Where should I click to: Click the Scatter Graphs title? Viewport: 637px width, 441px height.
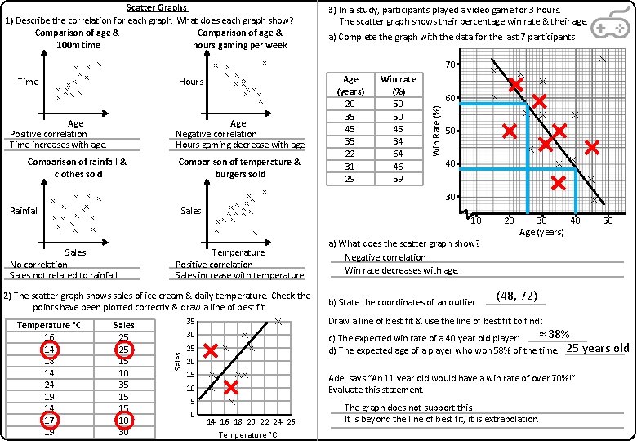157,7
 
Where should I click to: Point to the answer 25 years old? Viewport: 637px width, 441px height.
597,348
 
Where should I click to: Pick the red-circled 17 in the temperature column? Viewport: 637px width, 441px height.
50,421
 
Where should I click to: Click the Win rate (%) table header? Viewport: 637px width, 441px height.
398,86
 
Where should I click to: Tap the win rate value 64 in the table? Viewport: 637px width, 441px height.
398,154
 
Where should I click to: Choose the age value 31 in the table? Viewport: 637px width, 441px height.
350,166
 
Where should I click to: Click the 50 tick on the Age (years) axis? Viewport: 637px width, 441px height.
608,220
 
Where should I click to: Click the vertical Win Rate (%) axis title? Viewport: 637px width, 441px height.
437,131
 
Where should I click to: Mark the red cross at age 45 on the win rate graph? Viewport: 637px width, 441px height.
592,147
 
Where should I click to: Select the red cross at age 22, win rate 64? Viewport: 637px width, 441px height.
516,85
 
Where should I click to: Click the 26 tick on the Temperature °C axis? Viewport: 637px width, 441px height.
291,421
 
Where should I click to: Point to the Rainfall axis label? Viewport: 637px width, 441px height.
24,211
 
